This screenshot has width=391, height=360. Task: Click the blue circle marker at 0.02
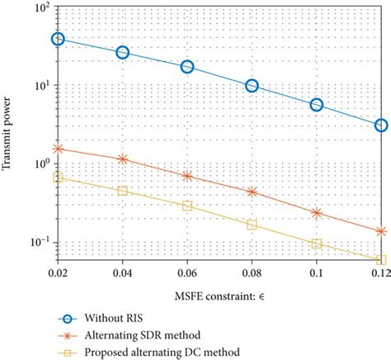click(58, 39)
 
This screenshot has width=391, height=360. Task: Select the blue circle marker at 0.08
click(252, 85)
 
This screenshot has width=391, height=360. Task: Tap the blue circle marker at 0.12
click(381, 126)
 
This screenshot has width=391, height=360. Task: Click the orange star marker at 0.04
click(123, 159)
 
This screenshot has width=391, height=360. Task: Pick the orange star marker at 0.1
click(317, 212)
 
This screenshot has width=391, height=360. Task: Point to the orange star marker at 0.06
click(187, 176)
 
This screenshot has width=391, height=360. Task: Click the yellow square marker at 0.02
click(58, 178)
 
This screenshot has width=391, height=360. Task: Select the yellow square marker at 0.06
click(187, 206)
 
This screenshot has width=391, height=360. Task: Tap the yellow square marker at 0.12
click(381, 259)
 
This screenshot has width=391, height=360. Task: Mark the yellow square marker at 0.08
click(252, 225)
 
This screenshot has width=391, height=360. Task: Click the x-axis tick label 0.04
click(122, 271)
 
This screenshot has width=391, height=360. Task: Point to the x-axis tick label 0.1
click(317, 271)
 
